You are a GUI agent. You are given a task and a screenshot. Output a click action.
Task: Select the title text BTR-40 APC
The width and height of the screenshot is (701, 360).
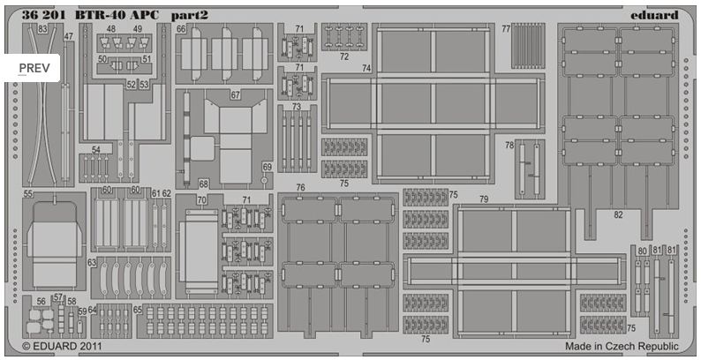click(x=116, y=13)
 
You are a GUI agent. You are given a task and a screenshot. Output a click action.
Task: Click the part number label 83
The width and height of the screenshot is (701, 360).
click(x=43, y=28)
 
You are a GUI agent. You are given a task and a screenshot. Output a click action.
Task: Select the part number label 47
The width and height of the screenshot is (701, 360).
click(x=69, y=36)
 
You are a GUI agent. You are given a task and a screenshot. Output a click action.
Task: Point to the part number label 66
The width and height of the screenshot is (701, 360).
click(x=181, y=28)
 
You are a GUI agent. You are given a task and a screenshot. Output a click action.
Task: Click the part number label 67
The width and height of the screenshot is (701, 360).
click(x=236, y=94)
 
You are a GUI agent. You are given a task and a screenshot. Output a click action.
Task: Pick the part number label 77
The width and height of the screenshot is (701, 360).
click(x=506, y=28)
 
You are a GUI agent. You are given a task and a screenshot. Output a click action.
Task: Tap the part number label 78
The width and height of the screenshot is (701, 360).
click(x=509, y=146)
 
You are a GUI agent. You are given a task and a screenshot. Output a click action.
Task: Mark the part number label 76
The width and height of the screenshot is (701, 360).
click(x=300, y=188)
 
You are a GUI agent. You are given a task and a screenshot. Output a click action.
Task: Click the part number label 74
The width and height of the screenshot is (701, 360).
click(x=366, y=68)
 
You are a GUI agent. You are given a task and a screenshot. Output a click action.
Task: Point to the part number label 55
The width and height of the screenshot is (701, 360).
click(x=28, y=192)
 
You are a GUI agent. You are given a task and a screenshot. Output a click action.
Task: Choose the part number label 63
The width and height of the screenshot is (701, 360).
click(x=91, y=262)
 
